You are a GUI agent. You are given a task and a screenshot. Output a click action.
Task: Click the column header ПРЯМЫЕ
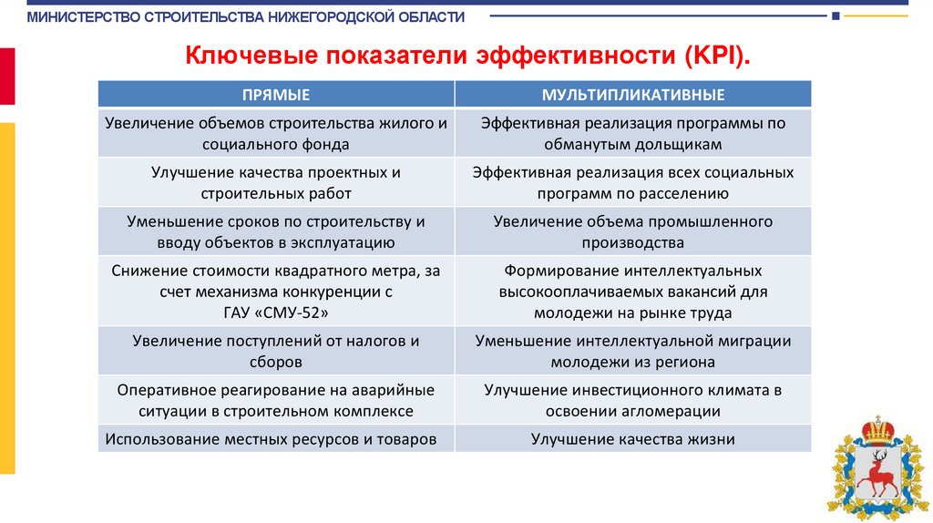click(x=275, y=95)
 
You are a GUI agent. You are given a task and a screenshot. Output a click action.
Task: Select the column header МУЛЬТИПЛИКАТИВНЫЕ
click(x=633, y=95)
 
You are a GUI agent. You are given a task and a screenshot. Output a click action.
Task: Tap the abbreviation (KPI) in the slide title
click(x=714, y=56)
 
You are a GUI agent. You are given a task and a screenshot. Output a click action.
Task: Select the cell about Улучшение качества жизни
click(x=633, y=438)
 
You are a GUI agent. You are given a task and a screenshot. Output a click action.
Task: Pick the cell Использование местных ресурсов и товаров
click(x=275, y=438)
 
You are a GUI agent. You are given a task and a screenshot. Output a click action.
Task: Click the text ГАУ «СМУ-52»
click(x=275, y=313)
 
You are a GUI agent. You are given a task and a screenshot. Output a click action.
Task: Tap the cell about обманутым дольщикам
click(x=633, y=133)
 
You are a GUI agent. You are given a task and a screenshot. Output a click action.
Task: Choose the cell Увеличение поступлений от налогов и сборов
click(x=275, y=351)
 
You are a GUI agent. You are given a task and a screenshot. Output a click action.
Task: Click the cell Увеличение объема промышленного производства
click(x=633, y=231)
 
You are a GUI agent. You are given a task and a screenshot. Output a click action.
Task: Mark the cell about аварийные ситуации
click(x=275, y=400)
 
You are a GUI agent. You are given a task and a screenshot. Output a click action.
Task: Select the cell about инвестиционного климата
click(x=633, y=400)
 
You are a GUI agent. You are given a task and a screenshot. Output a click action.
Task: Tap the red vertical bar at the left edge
click(x=7, y=77)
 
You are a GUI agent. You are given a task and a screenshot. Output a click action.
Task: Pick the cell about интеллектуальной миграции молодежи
click(x=633, y=351)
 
